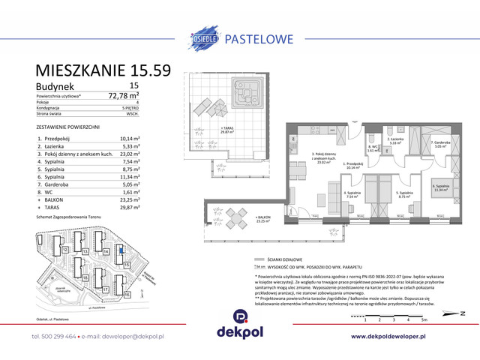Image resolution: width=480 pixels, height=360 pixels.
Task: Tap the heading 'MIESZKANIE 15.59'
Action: coord(103,70)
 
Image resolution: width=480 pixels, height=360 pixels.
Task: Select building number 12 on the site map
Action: coord(66,249)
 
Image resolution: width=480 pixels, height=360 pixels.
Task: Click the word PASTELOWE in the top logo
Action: coord(259,34)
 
